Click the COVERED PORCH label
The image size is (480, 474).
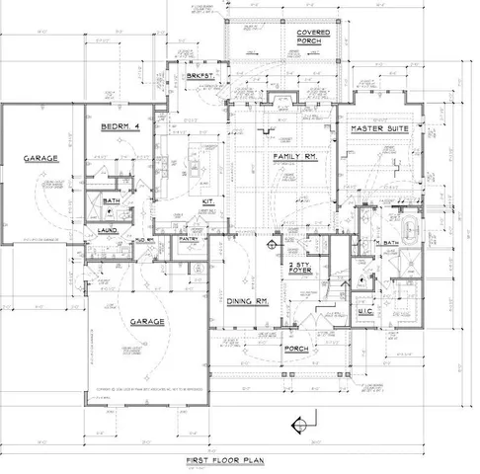(x=314, y=39)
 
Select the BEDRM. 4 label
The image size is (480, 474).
(x=123, y=127)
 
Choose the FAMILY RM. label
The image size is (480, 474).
(x=293, y=157)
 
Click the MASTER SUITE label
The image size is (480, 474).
(x=380, y=128)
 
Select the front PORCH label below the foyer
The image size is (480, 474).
(x=295, y=349)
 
